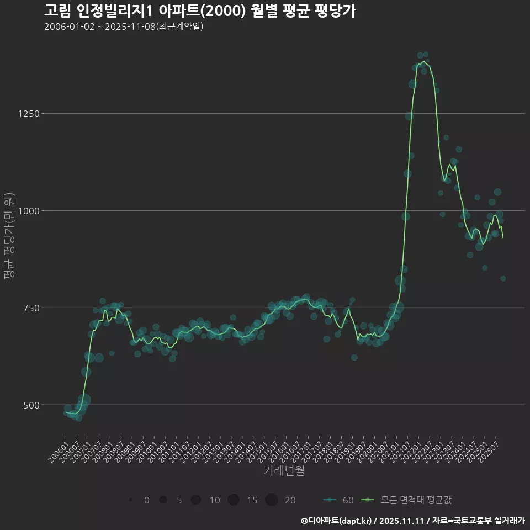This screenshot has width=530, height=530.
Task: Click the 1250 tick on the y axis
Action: pos(28,114)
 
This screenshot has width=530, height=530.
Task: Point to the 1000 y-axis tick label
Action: pos(28,211)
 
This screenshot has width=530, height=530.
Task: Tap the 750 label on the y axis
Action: pos(30,308)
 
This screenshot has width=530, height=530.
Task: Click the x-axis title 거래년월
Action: pos(284,471)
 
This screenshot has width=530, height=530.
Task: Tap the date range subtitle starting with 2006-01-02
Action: pos(124,26)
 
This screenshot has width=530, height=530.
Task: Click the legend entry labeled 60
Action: pos(338,500)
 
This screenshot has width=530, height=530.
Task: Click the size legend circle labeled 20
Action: pos(271,500)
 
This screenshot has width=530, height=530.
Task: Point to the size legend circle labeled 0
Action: pos(131,500)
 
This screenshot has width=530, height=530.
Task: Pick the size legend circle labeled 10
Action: pos(195,500)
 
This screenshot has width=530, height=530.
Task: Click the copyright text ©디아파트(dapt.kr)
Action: pos(337,521)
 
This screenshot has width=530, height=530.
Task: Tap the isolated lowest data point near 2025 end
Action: pos(503,279)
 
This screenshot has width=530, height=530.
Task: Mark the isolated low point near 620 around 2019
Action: pos(354,358)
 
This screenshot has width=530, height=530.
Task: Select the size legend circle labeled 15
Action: pos(233,500)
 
